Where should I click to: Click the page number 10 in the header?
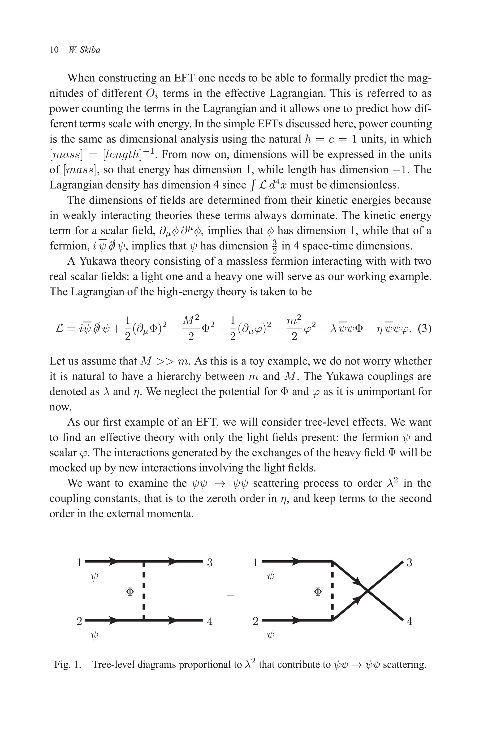coord(54,50)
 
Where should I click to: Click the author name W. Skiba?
coord(85,50)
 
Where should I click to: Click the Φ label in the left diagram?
coord(130,592)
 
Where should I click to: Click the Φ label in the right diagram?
coord(318,592)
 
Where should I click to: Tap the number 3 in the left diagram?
coord(210,563)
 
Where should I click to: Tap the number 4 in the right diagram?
coord(409,621)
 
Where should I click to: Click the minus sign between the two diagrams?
coord(230,595)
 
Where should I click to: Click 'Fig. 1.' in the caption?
coord(68,665)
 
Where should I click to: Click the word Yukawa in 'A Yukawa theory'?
coord(98,261)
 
